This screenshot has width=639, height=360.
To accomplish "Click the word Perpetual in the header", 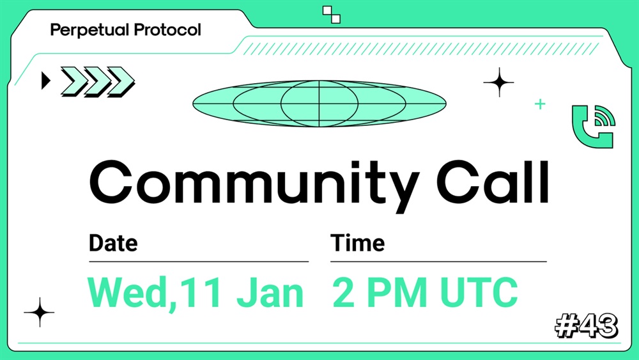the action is coord(89,30).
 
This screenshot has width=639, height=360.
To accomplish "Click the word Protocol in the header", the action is coord(167,30).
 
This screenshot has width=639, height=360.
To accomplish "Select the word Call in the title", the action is coord(493,182).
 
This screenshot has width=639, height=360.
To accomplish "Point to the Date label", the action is coord(113,243).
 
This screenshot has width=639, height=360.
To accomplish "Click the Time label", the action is coord(357,243).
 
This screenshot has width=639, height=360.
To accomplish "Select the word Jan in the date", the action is coord(270,292).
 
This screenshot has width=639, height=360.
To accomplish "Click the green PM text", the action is coord(397,292).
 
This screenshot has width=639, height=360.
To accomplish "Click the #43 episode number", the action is coord(587,325).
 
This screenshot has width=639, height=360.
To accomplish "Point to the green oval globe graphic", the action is coord(319,103).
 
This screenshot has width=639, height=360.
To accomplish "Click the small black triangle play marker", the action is coord(45,81).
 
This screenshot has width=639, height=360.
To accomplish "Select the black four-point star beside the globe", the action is coord(499,82).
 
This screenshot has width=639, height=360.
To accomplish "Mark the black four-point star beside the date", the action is coord(39,312).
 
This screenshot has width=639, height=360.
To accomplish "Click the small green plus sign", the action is coord(540,104).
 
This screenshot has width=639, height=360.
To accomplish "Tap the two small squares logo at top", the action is coord(331,15).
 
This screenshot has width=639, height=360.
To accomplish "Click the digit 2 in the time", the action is coord(344,292).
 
